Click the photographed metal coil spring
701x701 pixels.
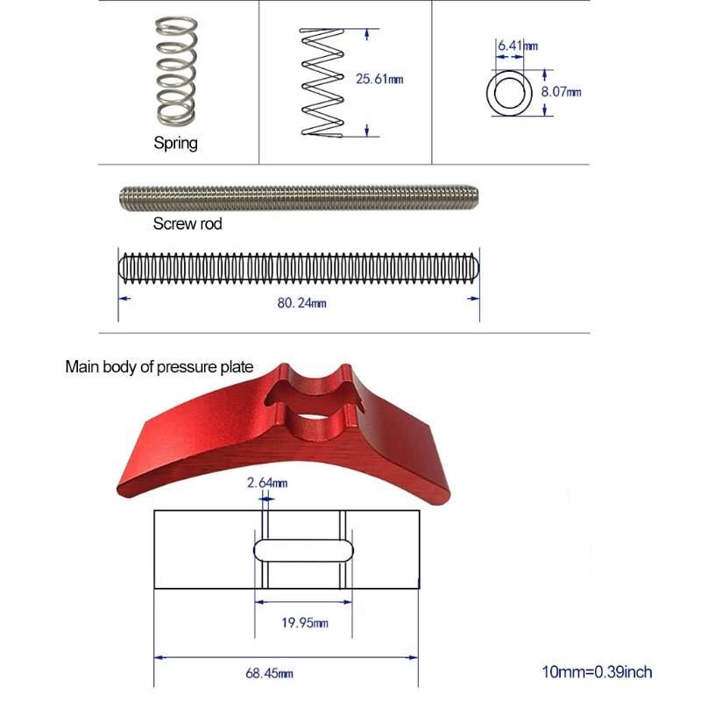tap(174, 73)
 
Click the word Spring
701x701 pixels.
tap(176, 144)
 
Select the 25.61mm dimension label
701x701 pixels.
tap(379, 79)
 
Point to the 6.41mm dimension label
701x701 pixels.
tap(517, 43)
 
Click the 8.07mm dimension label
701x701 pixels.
tap(562, 90)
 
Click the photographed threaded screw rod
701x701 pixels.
tap(298, 196)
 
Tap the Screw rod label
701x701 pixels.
tap(188, 223)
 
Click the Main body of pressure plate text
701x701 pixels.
tap(159, 366)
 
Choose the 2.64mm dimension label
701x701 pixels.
tap(267, 482)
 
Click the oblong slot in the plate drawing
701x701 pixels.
tap(304, 550)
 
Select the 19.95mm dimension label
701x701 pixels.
tap(305, 623)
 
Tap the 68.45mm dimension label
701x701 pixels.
tap(270, 674)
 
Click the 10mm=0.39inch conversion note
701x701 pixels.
tap(597, 673)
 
